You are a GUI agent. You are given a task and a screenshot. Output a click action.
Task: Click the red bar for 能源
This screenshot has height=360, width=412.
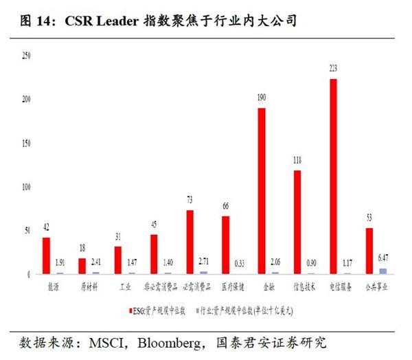pos(46,256)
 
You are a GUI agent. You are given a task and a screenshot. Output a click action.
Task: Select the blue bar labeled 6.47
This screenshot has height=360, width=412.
pos(383,271)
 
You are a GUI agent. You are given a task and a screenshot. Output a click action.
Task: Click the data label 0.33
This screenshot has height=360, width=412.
pos(240,263)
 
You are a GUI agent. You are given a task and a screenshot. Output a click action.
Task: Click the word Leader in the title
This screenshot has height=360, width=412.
pos(119,21)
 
